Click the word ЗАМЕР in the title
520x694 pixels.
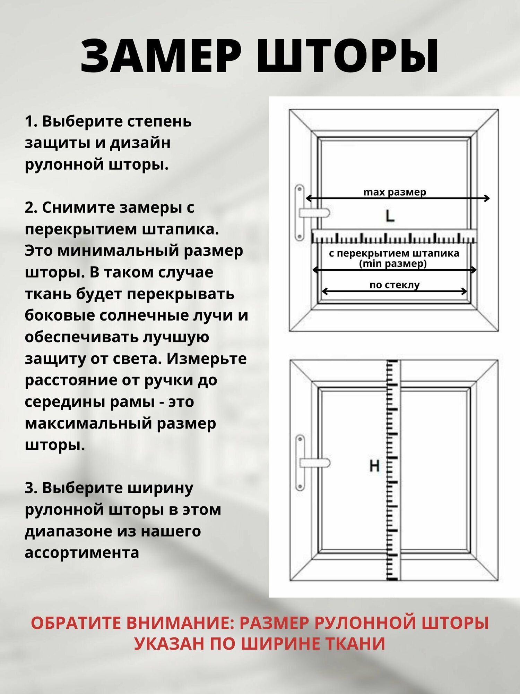click(161, 56)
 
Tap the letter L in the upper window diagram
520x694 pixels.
click(390, 217)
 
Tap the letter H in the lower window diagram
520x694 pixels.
click(374, 466)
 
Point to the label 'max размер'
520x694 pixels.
click(395, 192)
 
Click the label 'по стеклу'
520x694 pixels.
click(395, 285)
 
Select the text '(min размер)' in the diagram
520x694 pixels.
click(393, 264)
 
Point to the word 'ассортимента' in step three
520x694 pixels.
click(82, 553)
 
